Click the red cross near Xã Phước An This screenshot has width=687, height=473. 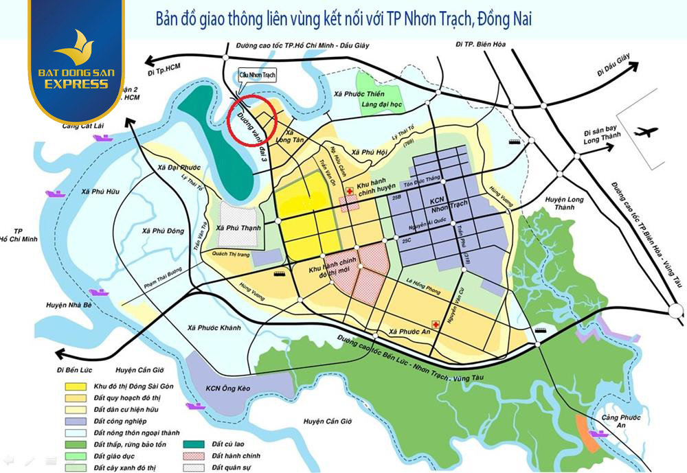(435, 323)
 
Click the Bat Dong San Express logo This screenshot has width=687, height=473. (76, 65)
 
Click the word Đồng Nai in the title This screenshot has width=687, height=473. (504, 20)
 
